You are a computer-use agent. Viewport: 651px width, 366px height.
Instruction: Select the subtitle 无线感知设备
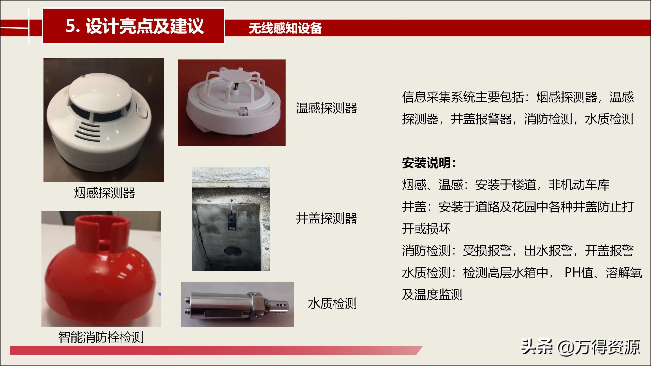click(x=285, y=28)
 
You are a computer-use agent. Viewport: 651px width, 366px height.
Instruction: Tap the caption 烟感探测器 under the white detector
click(x=104, y=193)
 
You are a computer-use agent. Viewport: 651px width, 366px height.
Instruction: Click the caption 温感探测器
click(x=326, y=108)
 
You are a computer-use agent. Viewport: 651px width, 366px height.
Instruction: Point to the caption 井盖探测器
click(x=326, y=218)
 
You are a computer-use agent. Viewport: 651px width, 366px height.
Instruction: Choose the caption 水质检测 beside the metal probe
click(x=332, y=303)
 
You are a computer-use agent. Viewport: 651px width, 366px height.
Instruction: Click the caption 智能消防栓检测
click(x=101, y=337)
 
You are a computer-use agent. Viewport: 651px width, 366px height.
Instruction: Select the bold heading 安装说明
click(x=429, y=163)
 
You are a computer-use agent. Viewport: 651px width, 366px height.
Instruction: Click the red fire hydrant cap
click(x=101, y=272)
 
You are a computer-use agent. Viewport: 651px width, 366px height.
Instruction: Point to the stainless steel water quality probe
click(x=236, y=305)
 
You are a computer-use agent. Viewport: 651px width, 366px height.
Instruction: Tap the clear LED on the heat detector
click(x=242, y=112)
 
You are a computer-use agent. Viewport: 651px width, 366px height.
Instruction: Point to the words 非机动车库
click(x=579, y=185)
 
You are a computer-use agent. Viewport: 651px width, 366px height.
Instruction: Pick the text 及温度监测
click(x=432, y=295)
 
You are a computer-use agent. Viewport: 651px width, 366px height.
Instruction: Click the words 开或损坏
click(x=426, y=229)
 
